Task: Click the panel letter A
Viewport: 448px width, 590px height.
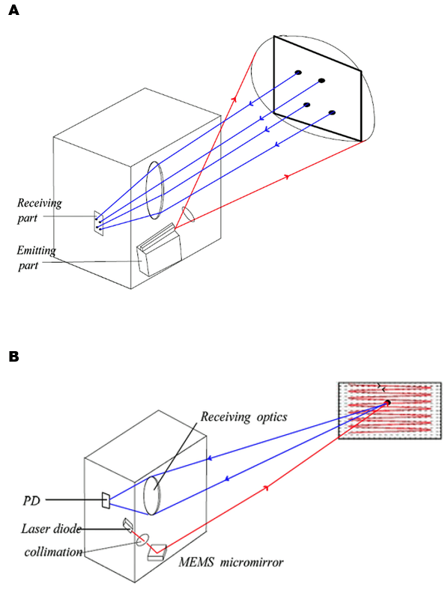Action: point(13,10)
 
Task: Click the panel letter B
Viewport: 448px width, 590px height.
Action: point(13,356)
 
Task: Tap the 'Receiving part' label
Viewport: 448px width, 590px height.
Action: point(39,210)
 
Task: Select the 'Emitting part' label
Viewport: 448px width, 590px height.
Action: point(36,258)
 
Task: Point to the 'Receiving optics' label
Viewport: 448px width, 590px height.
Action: point(243,416)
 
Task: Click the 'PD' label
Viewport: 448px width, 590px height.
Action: point(31,501)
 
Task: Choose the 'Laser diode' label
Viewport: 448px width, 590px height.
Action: point(51,529)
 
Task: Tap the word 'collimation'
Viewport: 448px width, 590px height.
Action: point(53,552)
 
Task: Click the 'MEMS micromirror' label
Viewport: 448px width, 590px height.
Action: point(231,562)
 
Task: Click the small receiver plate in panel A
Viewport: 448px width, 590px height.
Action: point(99,223)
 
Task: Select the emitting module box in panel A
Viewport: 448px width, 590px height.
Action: point(159,249)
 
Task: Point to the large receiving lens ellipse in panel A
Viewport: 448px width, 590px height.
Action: point(155,190)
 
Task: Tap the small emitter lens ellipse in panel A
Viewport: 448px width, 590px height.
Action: point(188,214)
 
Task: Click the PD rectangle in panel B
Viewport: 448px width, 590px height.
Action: point(106,500)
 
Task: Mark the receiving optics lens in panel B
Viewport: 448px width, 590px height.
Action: point(153,495)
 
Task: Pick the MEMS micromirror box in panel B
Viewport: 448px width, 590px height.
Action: point(157,552)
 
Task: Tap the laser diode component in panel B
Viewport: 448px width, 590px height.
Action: point(128,526)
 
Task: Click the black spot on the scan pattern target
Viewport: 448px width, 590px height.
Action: point(387,403)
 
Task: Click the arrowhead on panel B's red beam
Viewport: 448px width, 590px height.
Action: point(266,487)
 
